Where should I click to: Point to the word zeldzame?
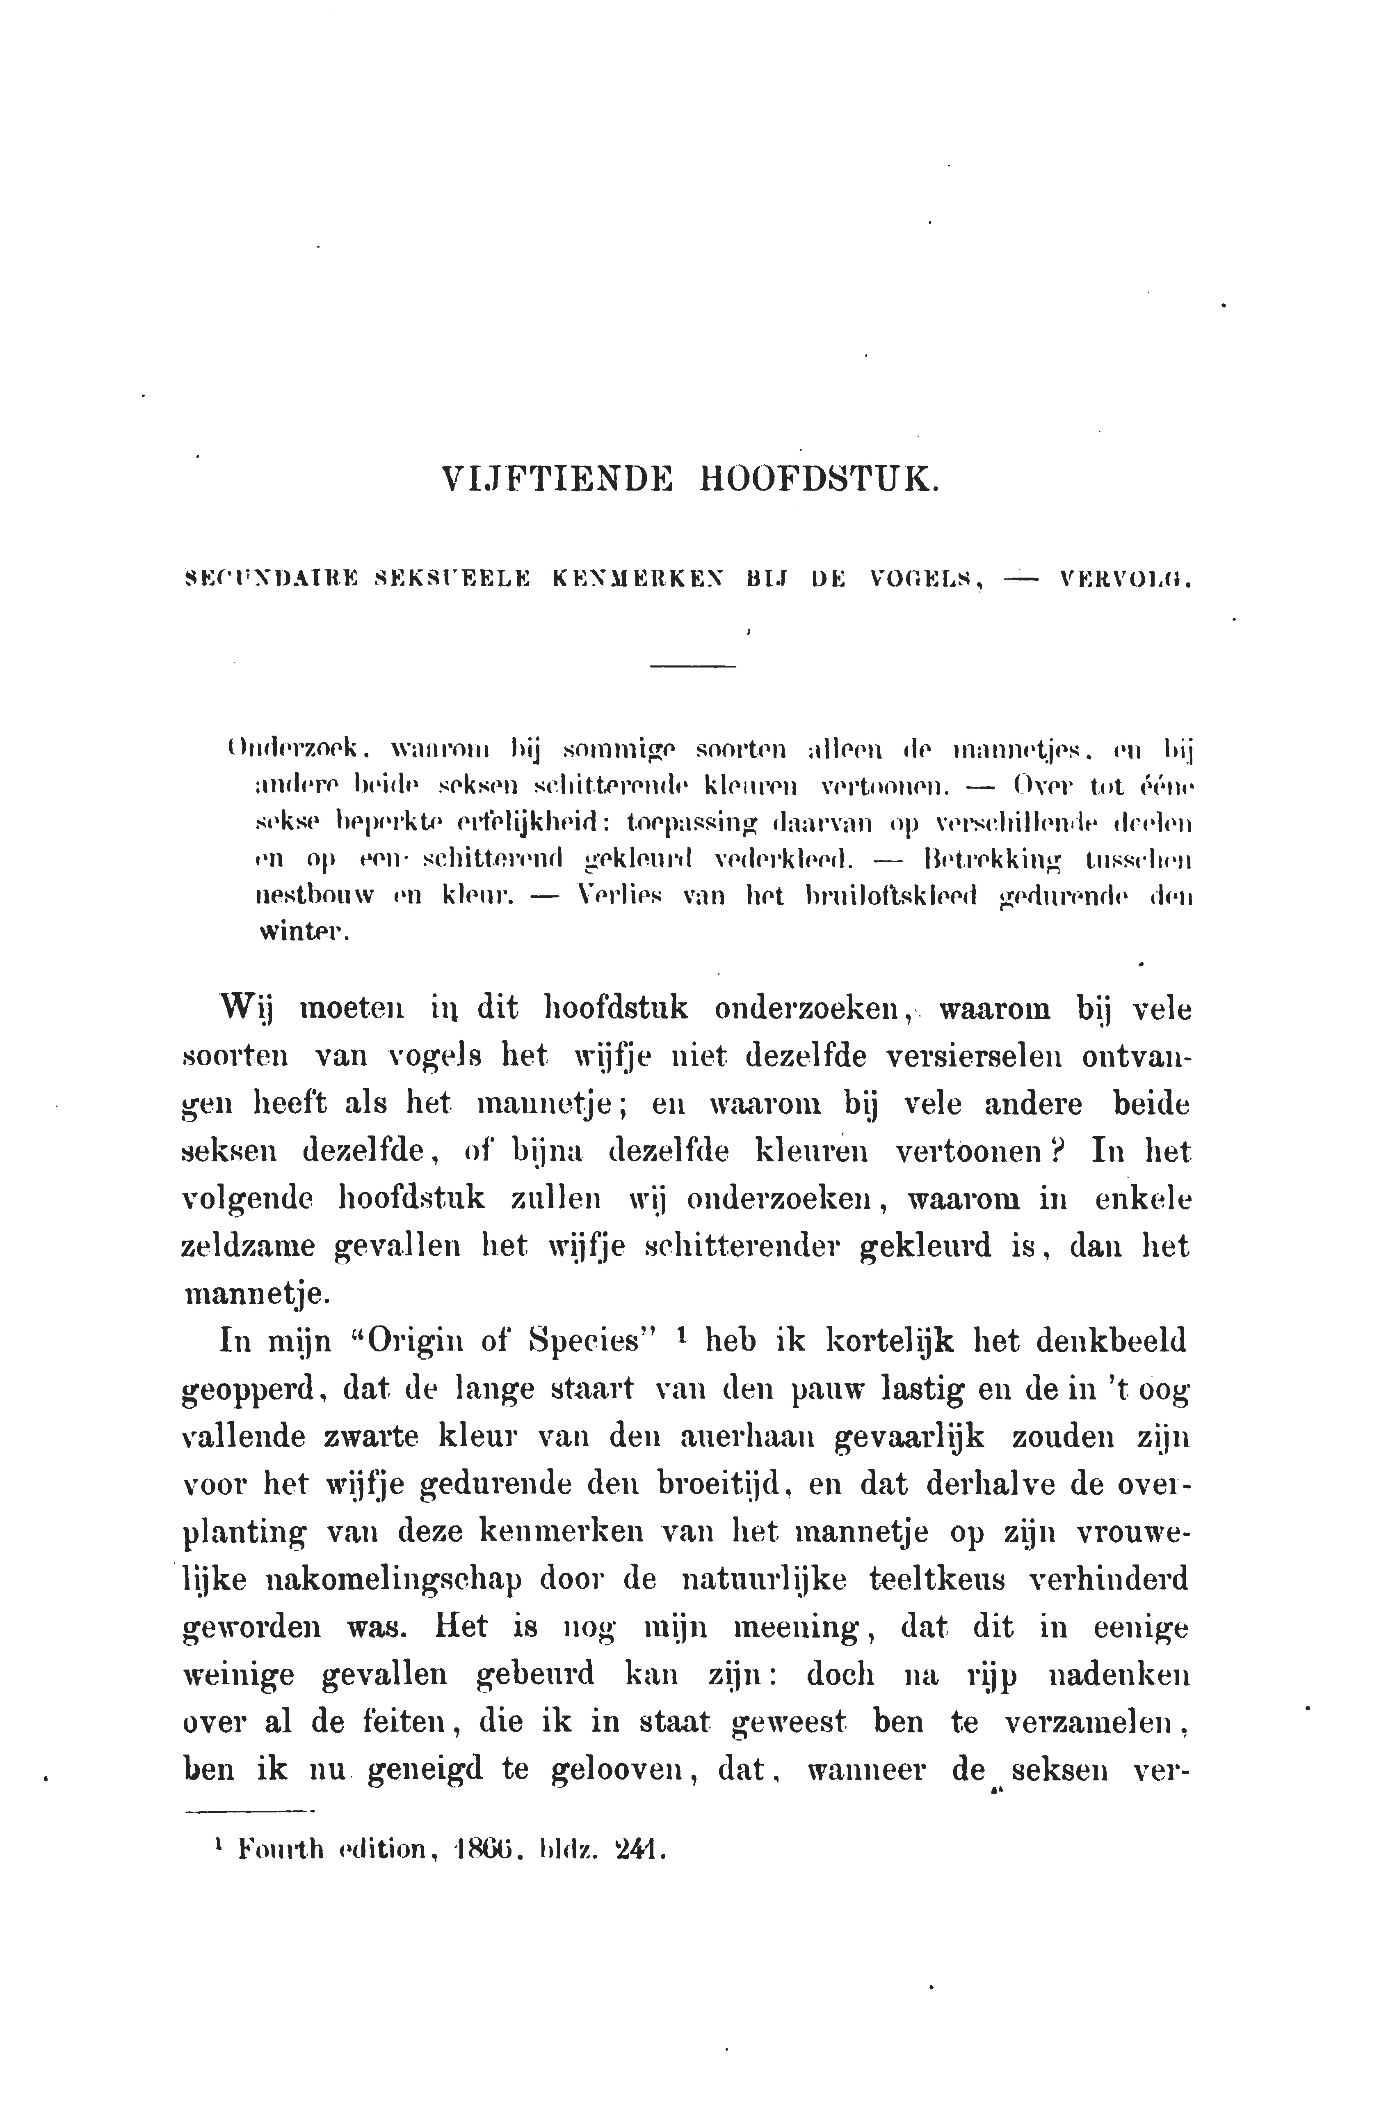[x=249, y=1246]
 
